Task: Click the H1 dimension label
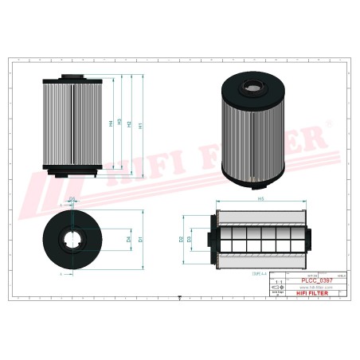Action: (140, 125)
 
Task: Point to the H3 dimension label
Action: (119, 123)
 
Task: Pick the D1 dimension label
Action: (140, 239)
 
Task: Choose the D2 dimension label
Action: (181, 238)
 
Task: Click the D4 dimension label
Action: (128, 239)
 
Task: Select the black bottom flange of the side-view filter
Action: (72, 170)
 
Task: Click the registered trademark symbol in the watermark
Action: (325, 125)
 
